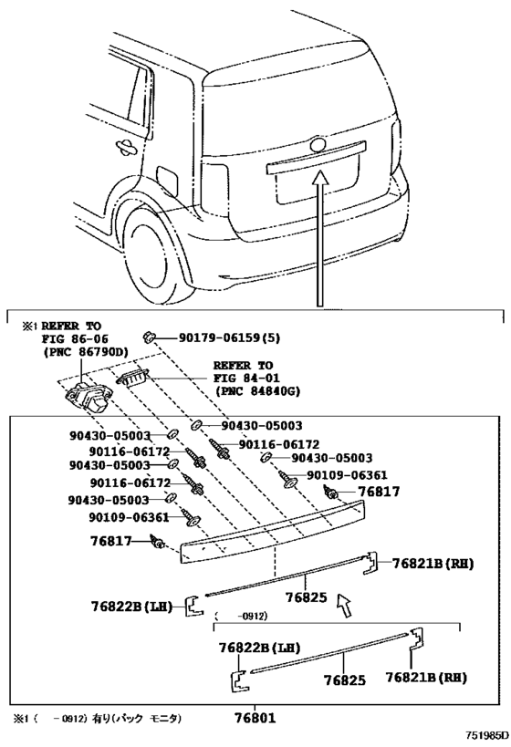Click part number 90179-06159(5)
point(229,337)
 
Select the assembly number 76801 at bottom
point(255,717)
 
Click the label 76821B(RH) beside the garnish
point(433,564)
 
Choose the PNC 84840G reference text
point(257,391)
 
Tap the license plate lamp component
point(132,379)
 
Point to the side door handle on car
point(125,147)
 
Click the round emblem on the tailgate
point(318,145)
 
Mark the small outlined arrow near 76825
point(344,605)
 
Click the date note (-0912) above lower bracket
point(240,616)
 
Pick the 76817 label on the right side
point(379,492)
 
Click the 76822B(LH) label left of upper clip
point(131,607)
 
